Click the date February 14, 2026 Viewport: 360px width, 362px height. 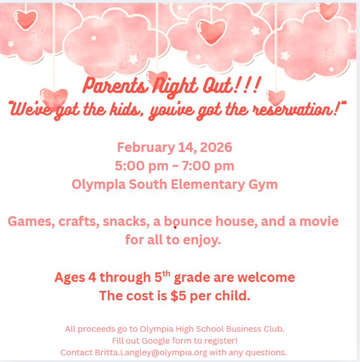pos(174,148)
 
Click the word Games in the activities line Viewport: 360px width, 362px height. pos(29,221)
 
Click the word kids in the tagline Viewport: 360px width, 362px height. pos(112,109)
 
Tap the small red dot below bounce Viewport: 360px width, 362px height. pos(175,228)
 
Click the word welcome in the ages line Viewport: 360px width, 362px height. pos(266,277)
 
